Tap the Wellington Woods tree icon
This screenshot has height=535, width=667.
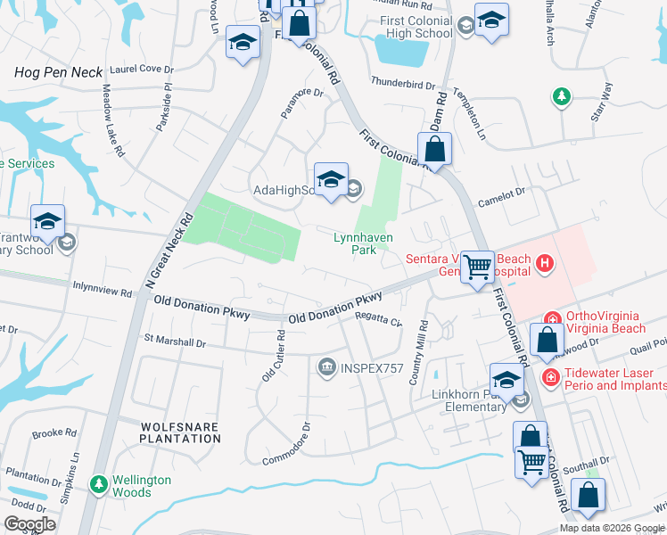tap(99, 484)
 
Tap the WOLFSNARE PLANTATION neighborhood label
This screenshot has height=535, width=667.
tap(179, 433)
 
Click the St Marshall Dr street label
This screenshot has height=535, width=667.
tap(175, 342)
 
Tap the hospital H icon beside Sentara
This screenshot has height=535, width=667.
tap(544, 264)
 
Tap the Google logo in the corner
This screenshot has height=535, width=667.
tap(29, 524)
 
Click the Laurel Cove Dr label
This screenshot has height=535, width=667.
tap(141, 69)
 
